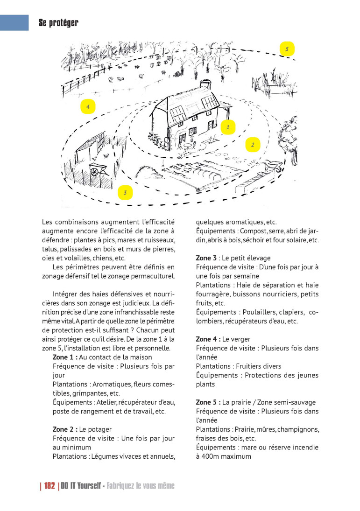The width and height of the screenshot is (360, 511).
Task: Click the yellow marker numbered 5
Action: pos(287,49)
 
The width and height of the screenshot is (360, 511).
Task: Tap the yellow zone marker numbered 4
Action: pos(87,107)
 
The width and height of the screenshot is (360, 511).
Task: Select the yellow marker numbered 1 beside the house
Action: pos(228,126)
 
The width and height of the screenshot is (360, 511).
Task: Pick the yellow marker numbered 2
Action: pos(252,145)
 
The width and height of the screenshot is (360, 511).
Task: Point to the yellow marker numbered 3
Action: pos(125,192)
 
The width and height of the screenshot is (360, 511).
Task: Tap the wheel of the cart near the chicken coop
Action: pos(95,172)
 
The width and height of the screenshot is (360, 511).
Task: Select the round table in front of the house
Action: pos(187,146)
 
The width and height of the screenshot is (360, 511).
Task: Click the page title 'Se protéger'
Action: pos(58,22)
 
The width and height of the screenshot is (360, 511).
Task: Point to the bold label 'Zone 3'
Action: pos(206,258)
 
